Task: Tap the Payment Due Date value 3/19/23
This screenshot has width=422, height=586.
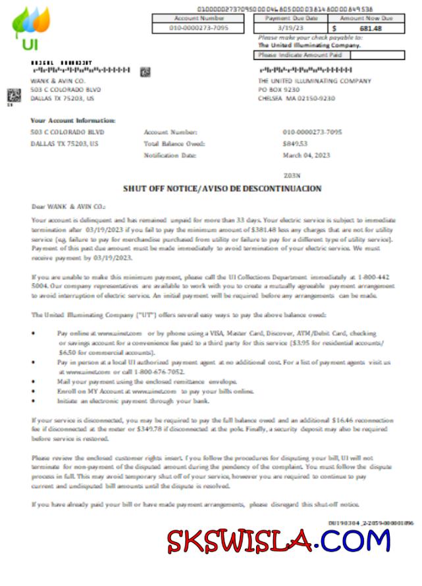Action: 291,29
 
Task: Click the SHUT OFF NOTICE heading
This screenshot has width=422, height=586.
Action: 223,189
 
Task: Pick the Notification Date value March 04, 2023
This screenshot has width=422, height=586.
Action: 306,155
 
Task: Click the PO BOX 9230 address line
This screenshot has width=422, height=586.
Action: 279,89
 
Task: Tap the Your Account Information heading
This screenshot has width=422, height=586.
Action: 73,120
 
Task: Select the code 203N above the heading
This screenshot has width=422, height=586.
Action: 291,176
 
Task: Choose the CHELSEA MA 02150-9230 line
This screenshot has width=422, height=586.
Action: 297,98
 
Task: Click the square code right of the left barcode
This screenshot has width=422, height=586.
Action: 145,71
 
